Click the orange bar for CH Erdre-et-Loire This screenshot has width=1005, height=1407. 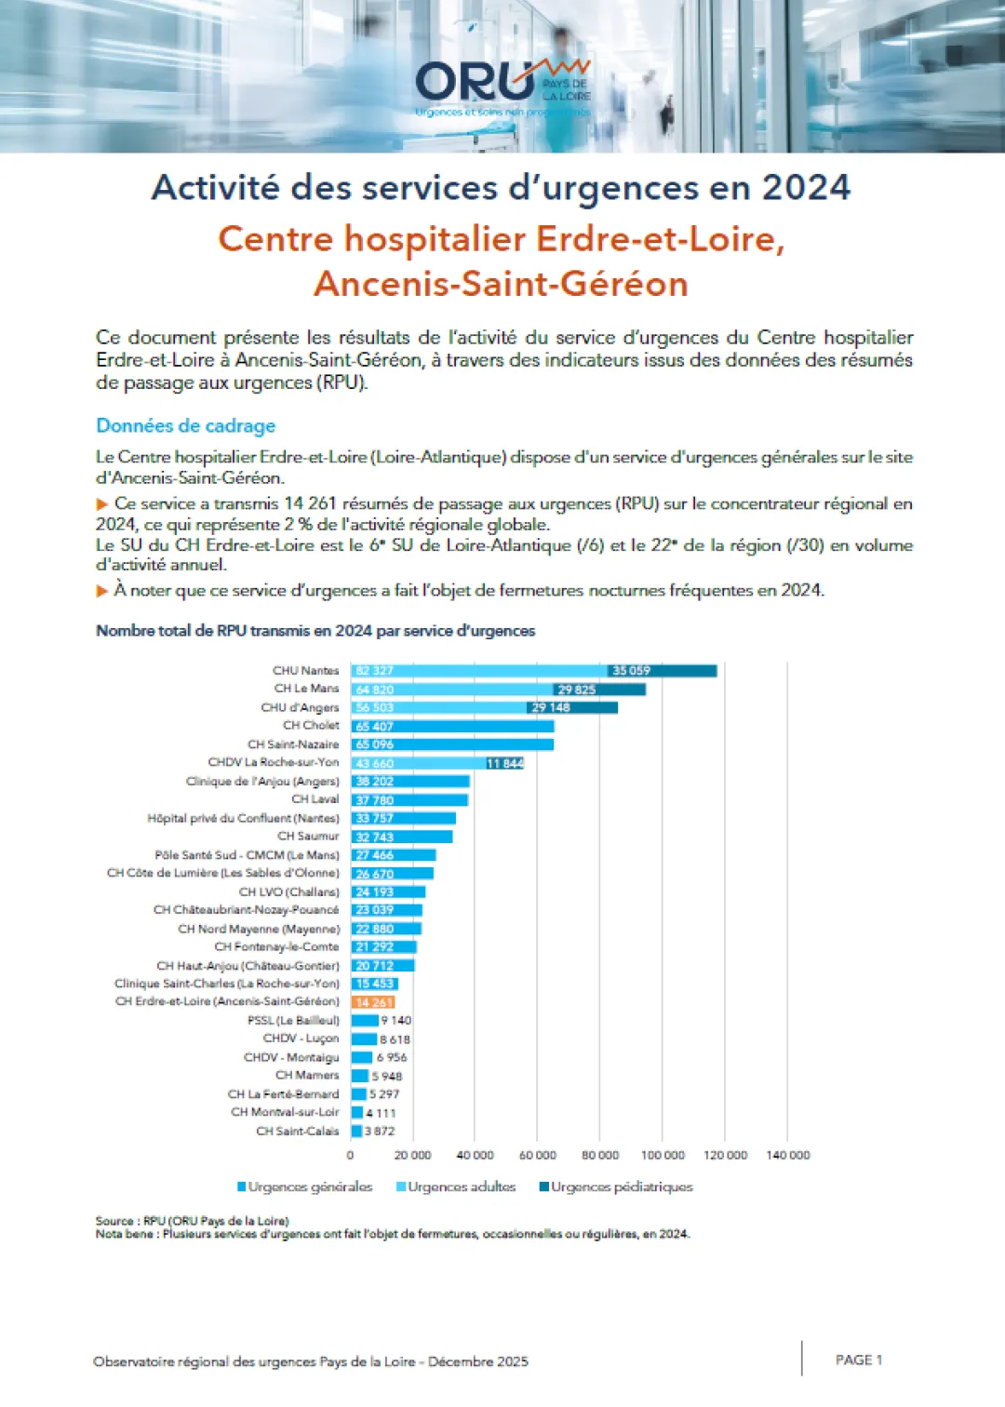click(x=373, y=1002)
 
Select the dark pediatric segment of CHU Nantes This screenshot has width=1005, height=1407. click(x=662, y=671)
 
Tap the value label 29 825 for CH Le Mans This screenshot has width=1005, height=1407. click(x=576, y=690)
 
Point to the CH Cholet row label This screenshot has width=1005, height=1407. click(x=311, y=726)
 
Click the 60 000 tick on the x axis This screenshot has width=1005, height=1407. click(x=537, y=1155)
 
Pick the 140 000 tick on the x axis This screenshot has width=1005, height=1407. click(x=787, y=1155)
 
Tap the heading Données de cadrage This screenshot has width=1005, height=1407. click(x=186, y=426)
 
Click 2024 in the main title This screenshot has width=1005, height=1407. click(x=806, y=188)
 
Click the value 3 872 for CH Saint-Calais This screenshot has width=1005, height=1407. click(x=380, y=1132)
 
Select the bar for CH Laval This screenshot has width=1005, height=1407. click(x=409, y=799)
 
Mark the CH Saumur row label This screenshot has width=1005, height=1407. click(x=308, y=836)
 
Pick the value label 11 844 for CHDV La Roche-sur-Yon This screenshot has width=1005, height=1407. click(x=505, y=763)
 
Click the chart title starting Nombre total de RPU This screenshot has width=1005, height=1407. click(x=315, y=631)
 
